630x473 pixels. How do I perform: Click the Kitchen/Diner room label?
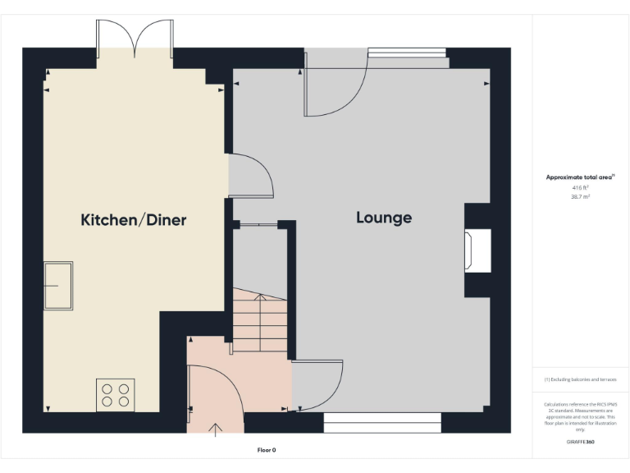tap(134, 219)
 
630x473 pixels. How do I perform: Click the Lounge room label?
tap(384, 218)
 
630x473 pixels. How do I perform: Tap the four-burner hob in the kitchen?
tap(115, 394)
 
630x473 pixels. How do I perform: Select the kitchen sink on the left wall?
tap(58, 286)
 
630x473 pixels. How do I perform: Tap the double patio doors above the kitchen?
tap(135, 36)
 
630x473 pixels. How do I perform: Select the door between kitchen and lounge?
tap(247, 175)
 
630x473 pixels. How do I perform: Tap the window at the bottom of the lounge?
tap(382, 422)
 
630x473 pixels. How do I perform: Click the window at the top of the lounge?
tap(407, 53)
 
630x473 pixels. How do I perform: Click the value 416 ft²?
tap(580, 188)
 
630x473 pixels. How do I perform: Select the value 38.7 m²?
tap(580, 197)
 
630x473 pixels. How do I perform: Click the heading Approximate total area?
tap(579, 177)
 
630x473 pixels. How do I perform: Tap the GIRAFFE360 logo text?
tap(580, 441)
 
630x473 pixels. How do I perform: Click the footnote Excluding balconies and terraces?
tap(580, 379)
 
